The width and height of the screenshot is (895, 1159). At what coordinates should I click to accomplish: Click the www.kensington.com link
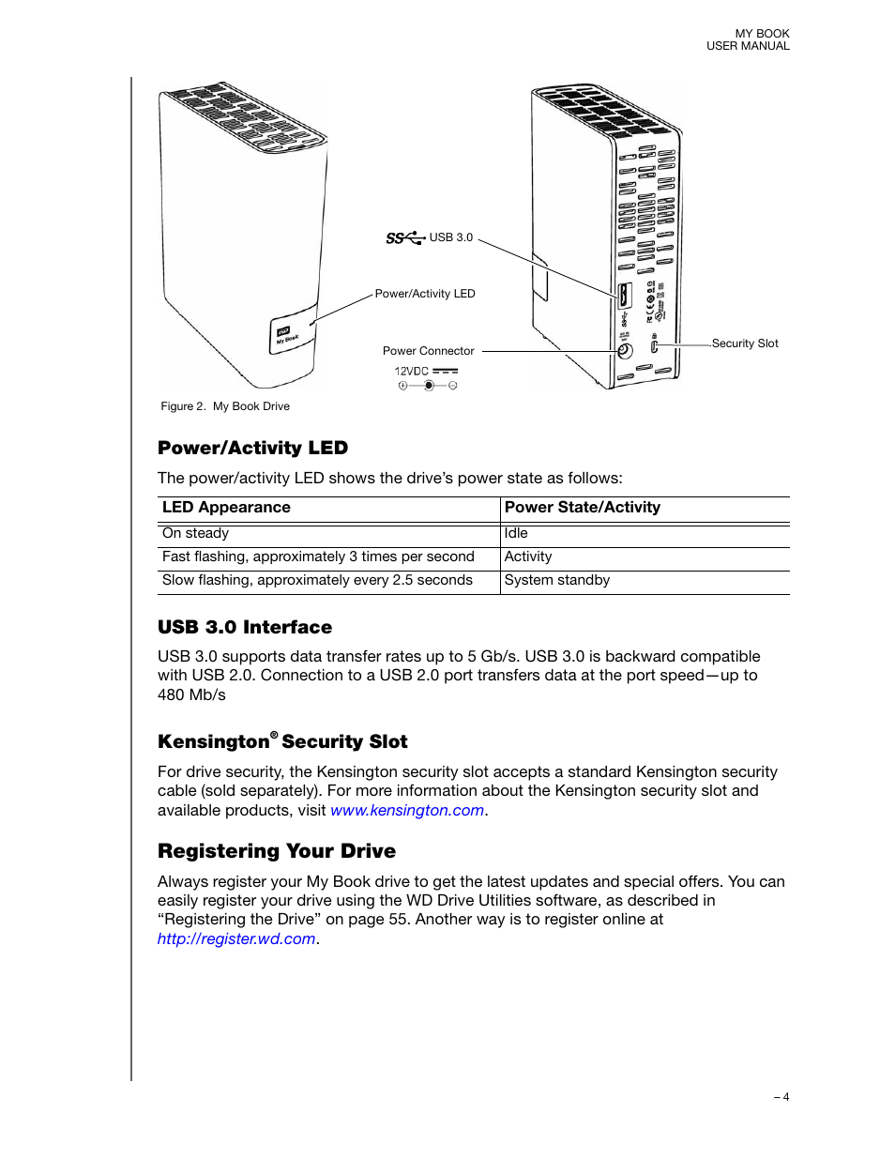tap(407, 810)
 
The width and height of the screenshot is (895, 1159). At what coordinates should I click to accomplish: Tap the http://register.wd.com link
tap(236, 938)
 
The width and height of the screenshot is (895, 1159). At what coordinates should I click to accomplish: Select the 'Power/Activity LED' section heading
tap(252, 448)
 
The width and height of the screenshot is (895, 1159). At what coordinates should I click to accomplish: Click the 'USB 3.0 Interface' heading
tap(245, 627)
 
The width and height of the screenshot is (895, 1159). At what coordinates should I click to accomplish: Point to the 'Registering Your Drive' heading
tap(277, 851)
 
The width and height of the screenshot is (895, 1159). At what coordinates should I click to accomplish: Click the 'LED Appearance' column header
tap(226, 508)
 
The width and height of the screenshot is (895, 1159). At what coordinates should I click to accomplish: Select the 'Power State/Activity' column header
tap(582, 508)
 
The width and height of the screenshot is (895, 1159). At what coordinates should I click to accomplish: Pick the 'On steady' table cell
tap(195, 533)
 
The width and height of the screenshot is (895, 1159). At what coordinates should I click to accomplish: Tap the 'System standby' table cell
tap(556, 580)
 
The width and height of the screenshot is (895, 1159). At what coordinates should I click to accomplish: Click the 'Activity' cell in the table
tap(528, 557)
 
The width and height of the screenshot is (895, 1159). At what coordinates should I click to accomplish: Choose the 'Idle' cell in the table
tap(516, 533)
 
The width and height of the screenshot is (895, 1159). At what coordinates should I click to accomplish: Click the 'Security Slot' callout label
tap(745, 343)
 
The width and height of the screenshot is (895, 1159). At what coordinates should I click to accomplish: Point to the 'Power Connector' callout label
tap(428, 351)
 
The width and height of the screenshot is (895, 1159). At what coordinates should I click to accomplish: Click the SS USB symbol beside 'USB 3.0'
tap(405, 238)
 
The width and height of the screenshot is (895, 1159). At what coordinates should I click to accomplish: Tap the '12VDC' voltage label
tap(411, 372)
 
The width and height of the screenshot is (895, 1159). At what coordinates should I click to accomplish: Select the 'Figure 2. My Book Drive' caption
tap(225, 406)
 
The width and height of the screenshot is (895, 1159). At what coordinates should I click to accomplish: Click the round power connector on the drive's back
tap(625, 351)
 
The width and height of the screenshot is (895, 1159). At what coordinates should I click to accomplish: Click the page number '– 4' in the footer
tap(781, 1097)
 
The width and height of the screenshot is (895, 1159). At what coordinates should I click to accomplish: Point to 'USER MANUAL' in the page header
tap(748, 46)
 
